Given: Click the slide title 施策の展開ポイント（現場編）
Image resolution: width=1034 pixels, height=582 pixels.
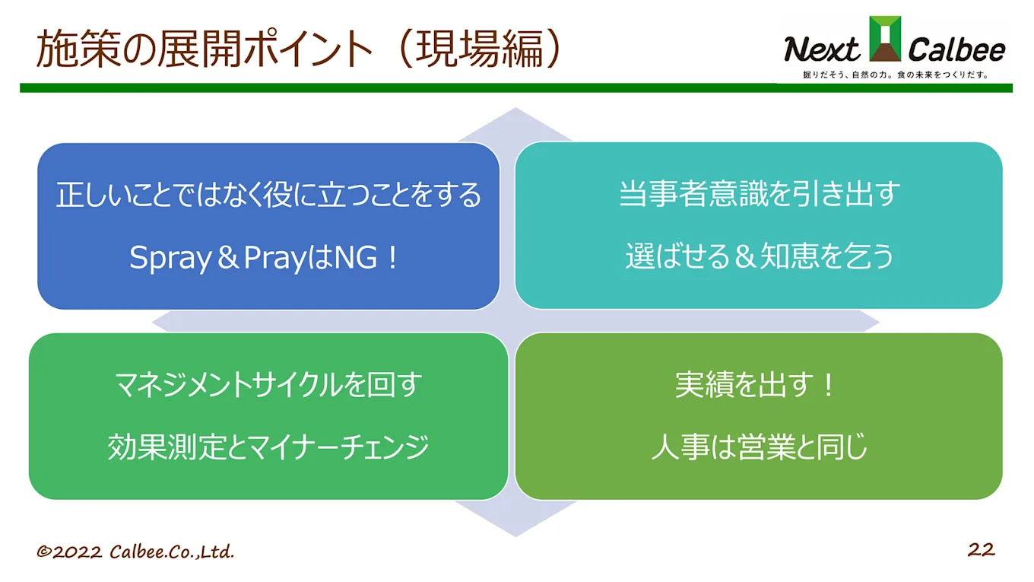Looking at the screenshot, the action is [300, 49].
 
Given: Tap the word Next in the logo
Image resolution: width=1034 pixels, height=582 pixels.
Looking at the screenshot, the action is [822, 50].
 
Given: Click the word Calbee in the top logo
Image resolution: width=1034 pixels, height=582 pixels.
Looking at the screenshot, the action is [957, 50].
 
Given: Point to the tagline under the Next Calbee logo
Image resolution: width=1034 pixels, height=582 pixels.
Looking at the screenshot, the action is [896, 75].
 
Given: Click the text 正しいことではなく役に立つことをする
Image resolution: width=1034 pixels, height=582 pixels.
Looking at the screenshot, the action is [268, 196].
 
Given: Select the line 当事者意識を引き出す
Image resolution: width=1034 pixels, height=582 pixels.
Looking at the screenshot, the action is [759, 194].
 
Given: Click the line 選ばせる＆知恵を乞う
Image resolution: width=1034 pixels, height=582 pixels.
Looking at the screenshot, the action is [759, 256].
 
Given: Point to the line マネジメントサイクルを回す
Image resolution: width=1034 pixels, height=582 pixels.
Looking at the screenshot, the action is [268, 385].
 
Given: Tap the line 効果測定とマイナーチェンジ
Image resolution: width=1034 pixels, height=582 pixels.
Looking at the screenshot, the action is [268, 447].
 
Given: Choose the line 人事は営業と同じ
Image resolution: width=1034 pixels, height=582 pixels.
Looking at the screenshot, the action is [759, 447].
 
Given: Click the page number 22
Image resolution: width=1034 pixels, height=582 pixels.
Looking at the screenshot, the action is [981, 549].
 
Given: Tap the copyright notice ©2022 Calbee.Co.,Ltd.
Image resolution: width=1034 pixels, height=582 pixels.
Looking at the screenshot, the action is [135, 552].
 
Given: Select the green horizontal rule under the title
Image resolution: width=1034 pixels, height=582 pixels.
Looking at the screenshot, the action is [516, 88].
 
